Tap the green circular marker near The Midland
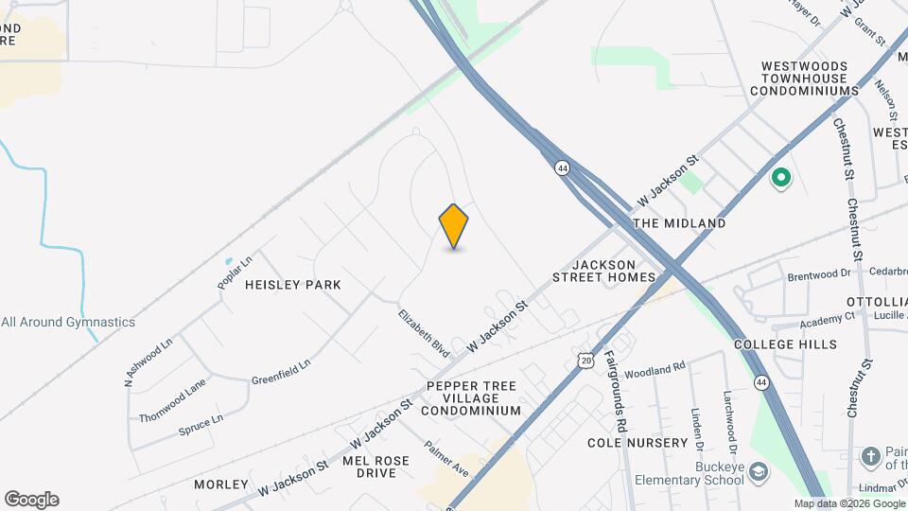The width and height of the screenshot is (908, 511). (781, 177)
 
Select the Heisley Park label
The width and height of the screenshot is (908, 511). (292, 284)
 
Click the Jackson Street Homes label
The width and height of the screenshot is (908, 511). (604, 270)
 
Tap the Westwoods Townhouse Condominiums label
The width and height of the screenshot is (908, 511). (804, 79)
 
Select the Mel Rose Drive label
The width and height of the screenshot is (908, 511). (376, 467)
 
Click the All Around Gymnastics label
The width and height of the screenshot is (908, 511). (68, 322)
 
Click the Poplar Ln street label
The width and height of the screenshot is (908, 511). (235, 272)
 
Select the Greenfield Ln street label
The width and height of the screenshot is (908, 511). (281, 370)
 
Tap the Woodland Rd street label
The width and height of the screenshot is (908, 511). (654, 368)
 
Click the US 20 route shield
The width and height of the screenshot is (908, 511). (586, 361)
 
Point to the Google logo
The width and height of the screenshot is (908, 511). (31, 500)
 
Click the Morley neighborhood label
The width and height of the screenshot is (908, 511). (221, 485)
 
